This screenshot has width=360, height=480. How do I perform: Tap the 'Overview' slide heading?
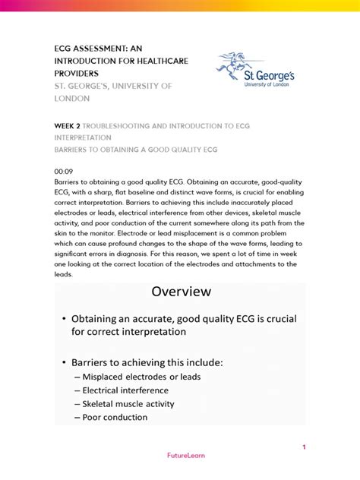[x=181, y=292]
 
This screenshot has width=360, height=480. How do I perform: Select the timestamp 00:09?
[x=63, y=172]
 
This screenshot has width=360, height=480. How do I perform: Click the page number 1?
[x=304, y=447]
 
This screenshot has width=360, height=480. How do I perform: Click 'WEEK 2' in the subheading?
[x=65, y=126]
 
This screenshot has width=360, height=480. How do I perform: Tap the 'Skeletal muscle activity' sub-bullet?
[x=133, y=404]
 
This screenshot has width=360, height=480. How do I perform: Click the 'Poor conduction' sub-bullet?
[x=116, y=417]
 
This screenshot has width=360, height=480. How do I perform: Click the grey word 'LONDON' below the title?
[x=71, y=98]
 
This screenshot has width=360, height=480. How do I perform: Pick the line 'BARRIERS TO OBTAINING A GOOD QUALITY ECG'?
[x=135, y=150]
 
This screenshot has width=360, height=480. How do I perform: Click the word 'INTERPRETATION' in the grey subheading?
[x=83, y=138]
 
